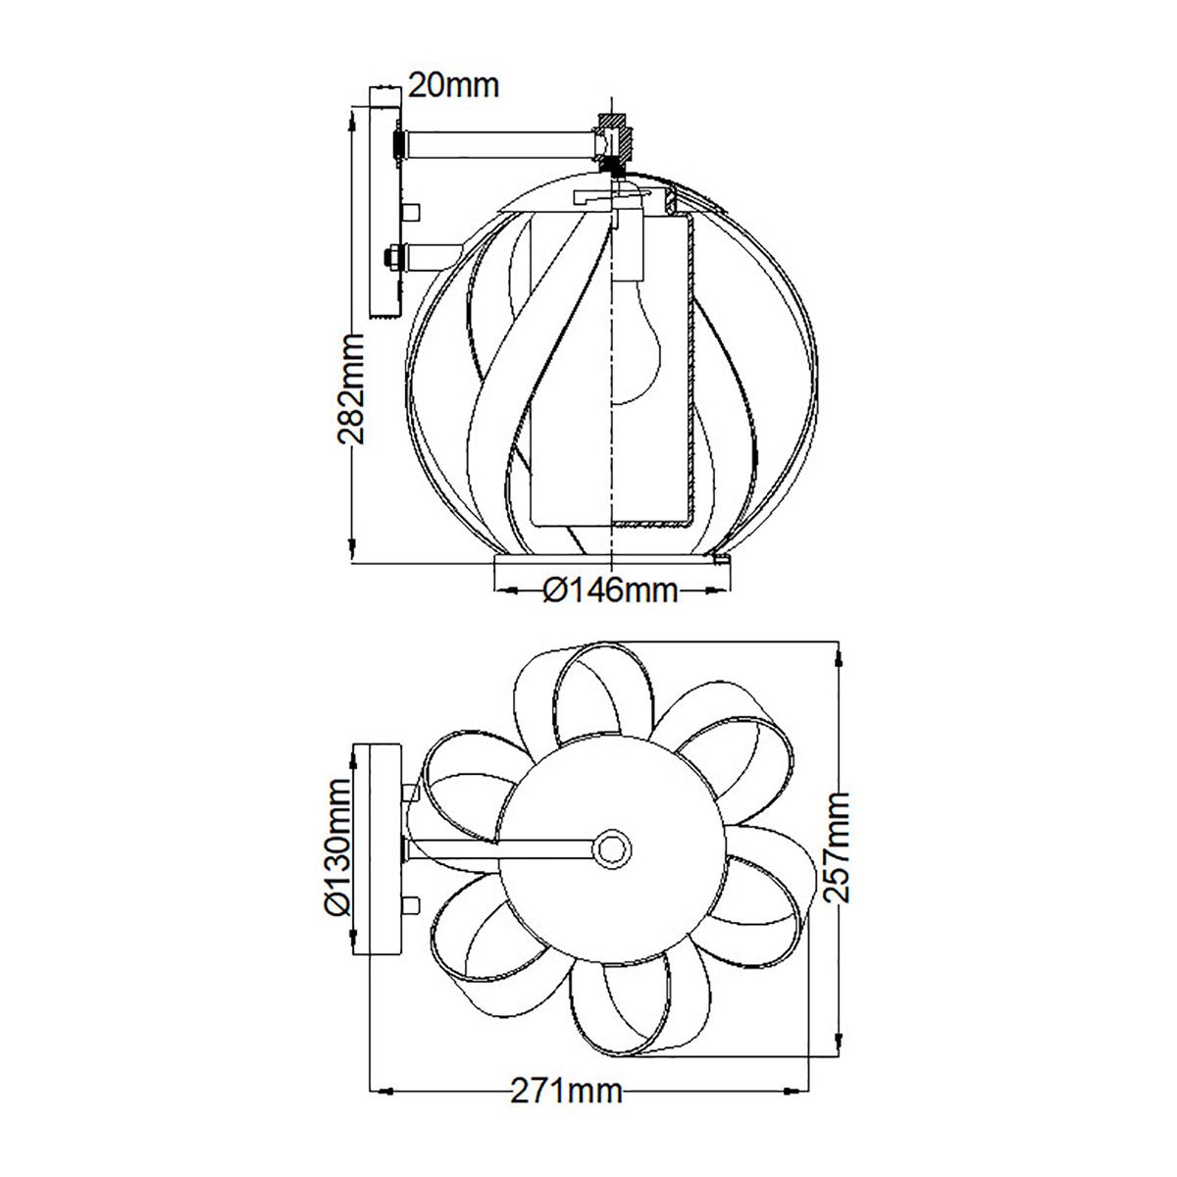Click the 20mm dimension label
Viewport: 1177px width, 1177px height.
pos(453,86)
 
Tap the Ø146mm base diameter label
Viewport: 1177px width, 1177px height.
pos(610,590)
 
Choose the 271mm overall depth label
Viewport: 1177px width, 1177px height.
pos(566,1091)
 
